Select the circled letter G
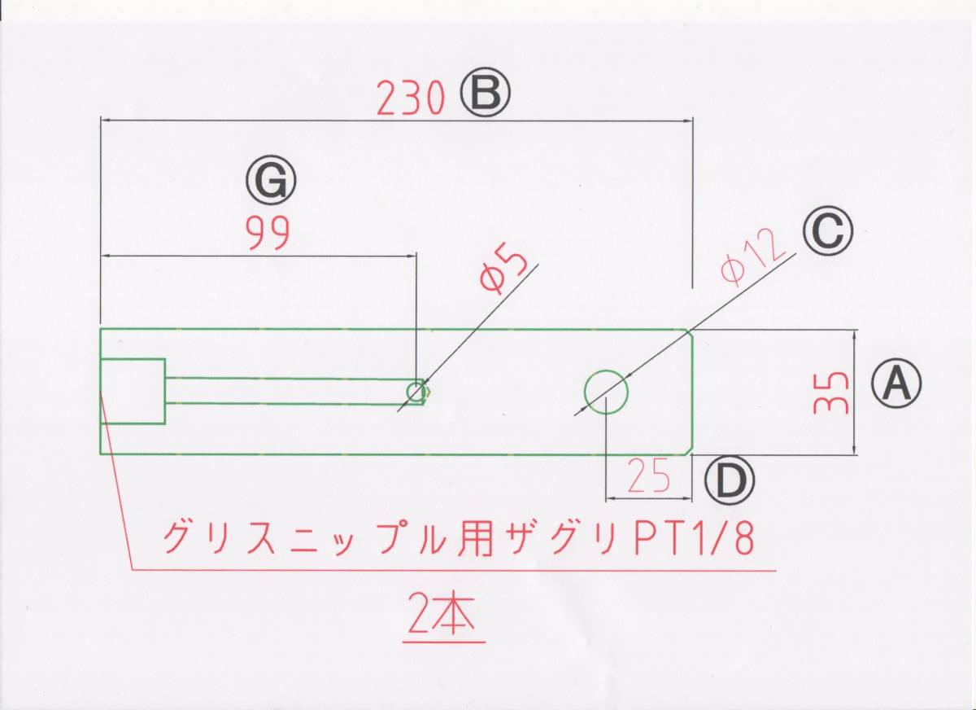tap(272, 183)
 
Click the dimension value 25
tap(650, 477)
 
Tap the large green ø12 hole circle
tap(607, 392)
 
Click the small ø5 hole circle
tap(416, 392)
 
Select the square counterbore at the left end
tap(133, 391)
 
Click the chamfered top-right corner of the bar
tap(688, 332)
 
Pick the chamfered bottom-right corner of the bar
tap(688, 449)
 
